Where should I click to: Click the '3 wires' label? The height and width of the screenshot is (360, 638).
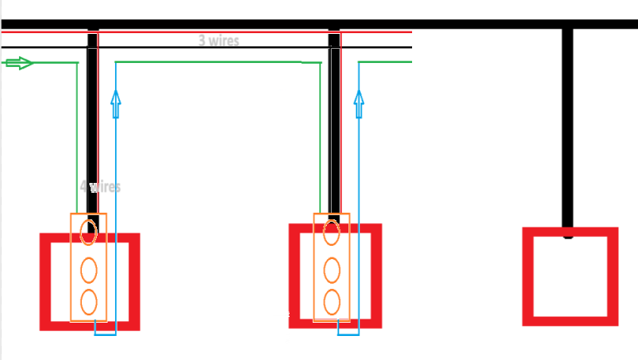218,40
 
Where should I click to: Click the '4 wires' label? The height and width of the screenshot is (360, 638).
100,186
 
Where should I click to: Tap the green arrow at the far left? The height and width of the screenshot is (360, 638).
18,63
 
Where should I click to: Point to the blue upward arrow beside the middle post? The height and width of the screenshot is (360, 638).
359,103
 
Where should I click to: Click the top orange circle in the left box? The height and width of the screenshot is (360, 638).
89,232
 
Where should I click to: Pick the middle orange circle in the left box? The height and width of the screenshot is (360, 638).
89,270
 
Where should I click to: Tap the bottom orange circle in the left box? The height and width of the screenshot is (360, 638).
89,301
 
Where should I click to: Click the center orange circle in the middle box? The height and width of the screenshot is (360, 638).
332,270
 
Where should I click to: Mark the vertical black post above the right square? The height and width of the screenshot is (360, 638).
568,124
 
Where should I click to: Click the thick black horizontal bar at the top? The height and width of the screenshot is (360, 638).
496,24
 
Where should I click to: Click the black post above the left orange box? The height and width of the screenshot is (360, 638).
93,124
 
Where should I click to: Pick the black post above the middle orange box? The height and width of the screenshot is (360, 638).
335,124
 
